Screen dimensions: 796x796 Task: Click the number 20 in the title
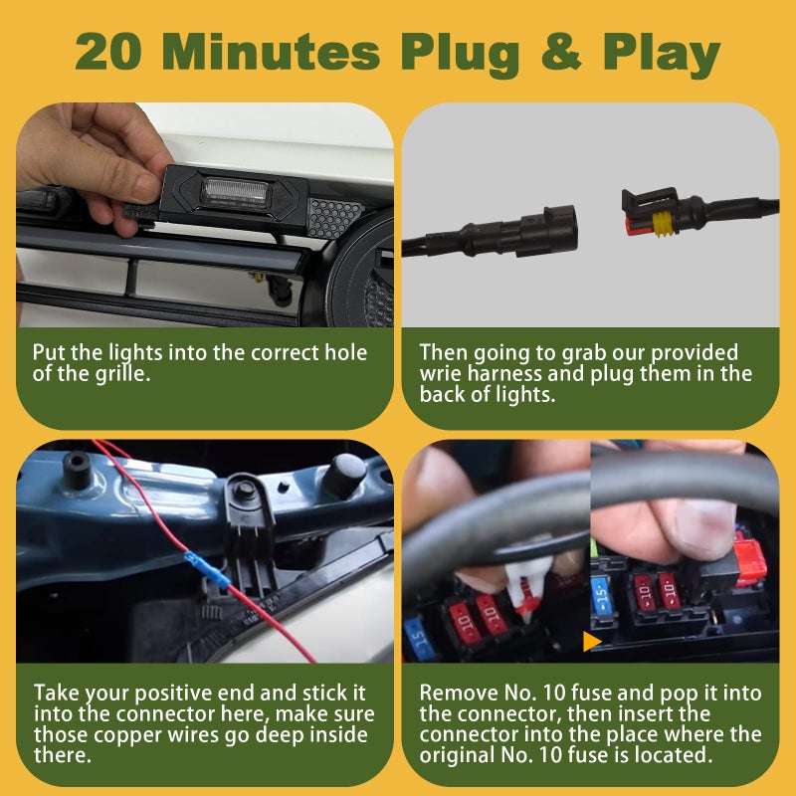tap(107, 52)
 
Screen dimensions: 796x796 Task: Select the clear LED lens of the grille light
tap(235, 191)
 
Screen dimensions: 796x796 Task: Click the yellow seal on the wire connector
tap(661, 224)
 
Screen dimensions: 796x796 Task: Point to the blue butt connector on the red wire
tap(208, 570)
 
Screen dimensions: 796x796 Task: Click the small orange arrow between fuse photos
tap(592, 641)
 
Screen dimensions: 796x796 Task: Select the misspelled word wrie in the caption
tap(441, 374)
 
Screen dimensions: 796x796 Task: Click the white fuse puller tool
tap(525, 584)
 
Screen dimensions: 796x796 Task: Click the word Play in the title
tap(662, 53)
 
